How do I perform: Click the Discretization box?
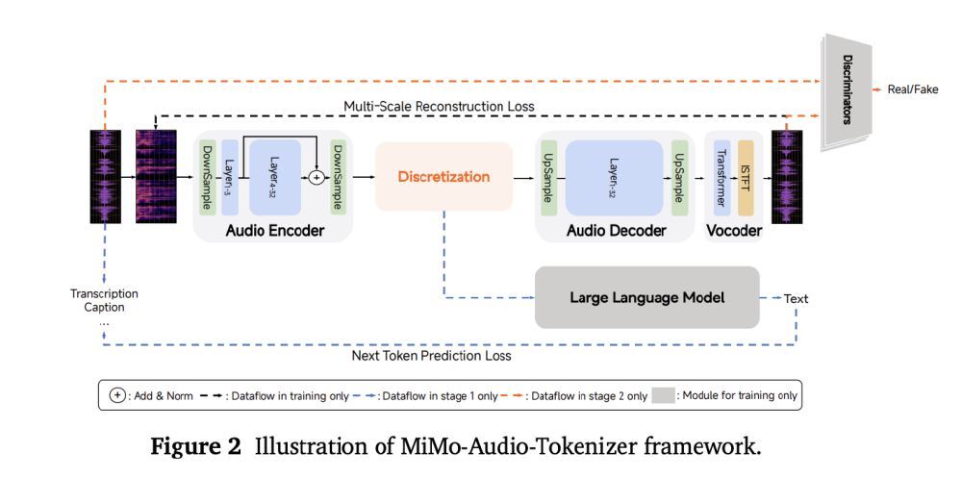point(443,177)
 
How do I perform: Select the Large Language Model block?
point(646,298)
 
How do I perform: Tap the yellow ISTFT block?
point(745,177)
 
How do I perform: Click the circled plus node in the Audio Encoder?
point(315,177)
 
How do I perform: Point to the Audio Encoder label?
point(273,232)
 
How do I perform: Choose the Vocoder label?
point(733,232)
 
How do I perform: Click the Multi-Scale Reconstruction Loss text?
point(439,105)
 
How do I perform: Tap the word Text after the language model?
point(796,298)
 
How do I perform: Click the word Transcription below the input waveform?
point(104,293)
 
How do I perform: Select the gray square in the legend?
point(664,394)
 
